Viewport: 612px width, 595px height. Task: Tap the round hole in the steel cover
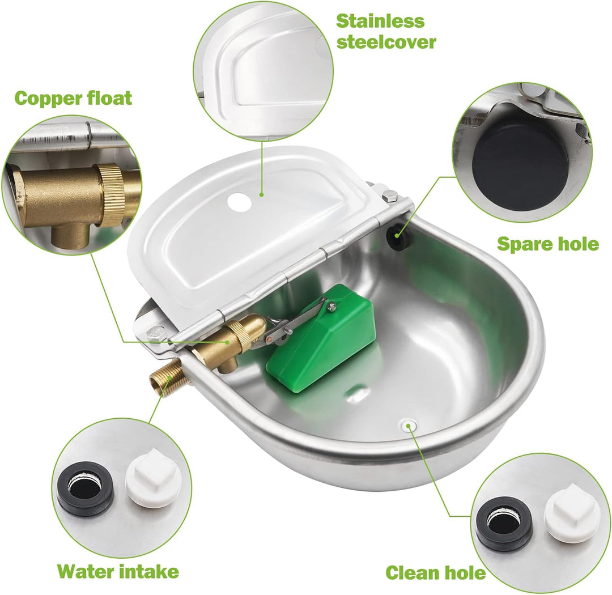pyautogui.click(x=240, y=202)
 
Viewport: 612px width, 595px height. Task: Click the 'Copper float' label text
pyautogui.click(x=73, y=98)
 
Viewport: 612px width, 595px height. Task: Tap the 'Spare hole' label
pyautogui.click(x=547, y=244)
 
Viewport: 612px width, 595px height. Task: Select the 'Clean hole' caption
pyautogui.click(x=436, y=573)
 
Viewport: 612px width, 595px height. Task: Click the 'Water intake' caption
pyautogui.click(x=118, y=571)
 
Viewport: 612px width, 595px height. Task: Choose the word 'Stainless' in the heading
pyautogui.click(x=380, y=21)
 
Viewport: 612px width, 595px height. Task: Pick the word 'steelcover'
pyautogui.click(x=386, y=41)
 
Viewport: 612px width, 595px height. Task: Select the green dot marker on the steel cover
pyautogui.click(x=262, y=193)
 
